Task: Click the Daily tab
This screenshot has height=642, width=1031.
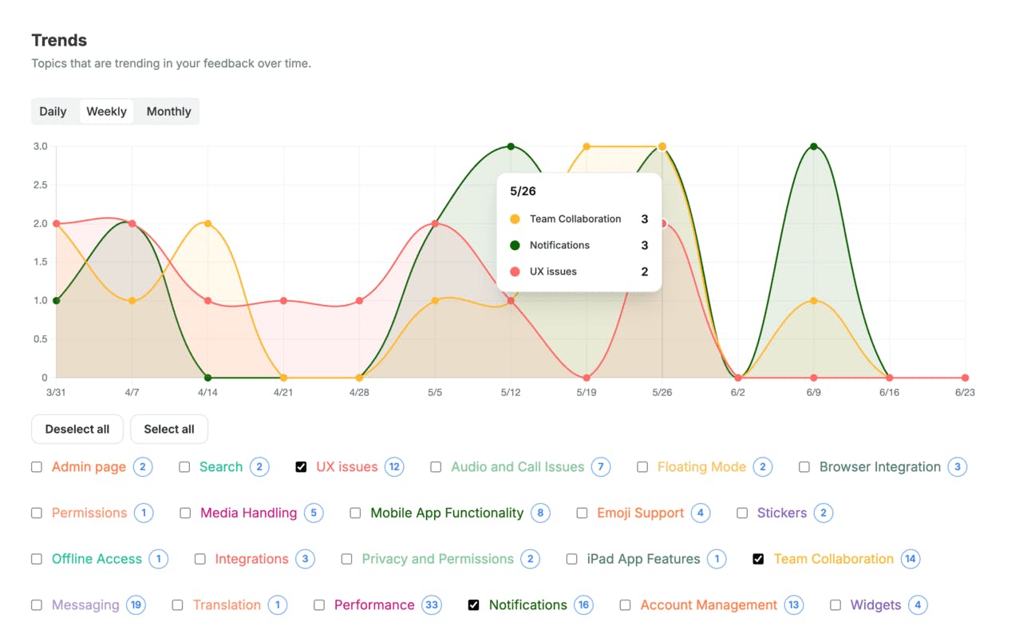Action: (53, 112)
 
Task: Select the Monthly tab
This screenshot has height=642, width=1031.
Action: (168, 112)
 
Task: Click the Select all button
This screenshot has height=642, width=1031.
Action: (168, 430)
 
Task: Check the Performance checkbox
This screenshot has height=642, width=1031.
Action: (319, 605)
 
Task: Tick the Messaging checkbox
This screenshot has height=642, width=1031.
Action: (37, 605)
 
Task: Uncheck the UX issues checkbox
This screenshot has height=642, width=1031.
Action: (301, 467)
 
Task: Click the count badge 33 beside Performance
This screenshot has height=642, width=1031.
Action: (432, 605)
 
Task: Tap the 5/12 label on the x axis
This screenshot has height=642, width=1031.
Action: (511, 393)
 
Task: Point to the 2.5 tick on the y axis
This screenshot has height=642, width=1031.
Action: (40, 185)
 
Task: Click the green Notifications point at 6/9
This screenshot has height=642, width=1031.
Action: (813, 146)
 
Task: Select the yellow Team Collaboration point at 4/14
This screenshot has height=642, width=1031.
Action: (207, 224)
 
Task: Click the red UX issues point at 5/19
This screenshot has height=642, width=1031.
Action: (587, 378)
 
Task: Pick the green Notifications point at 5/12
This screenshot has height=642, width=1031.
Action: (511, 146)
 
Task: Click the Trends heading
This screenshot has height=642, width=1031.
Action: (59, 41)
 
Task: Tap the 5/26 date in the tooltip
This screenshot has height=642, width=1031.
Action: (523, 192)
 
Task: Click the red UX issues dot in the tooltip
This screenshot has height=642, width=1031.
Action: (515, 271)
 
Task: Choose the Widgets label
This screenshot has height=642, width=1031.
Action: (875, 605)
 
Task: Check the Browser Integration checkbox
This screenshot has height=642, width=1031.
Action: (804, 467)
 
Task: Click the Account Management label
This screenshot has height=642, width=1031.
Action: (709, 605)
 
